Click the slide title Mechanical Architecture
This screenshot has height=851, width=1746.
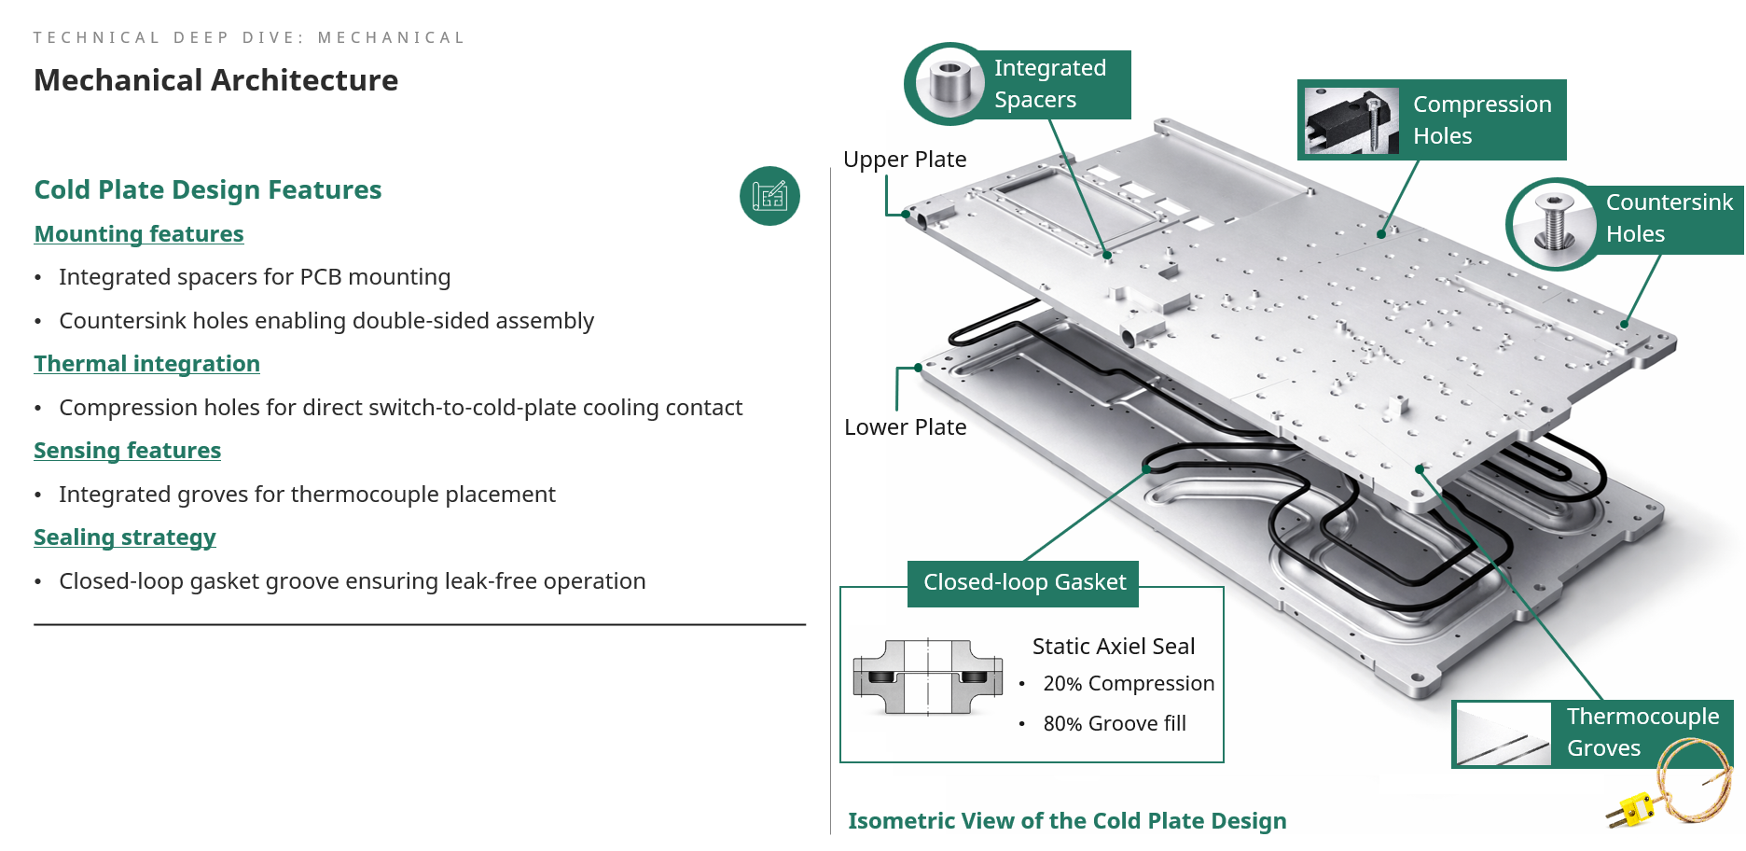point(215,80)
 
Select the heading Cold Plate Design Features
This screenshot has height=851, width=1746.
point(207,189)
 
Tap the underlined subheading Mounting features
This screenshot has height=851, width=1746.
point(139,233)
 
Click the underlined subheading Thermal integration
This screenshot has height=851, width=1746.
point(146,363)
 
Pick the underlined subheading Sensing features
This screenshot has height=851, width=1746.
point(127,450)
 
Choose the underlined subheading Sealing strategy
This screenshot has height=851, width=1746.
point(125,537)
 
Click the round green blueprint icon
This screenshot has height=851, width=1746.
point(769,196)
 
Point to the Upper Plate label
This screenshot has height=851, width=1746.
point(904,160)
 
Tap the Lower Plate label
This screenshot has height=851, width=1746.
point(905,427)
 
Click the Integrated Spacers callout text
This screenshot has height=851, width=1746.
point(1049,84)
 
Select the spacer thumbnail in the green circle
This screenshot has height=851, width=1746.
point(949,84)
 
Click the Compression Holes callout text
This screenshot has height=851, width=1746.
point(1481,119)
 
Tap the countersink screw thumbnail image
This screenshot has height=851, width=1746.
point(1553,224)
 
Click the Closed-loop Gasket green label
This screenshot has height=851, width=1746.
point(1023,582)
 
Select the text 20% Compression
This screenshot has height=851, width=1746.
point(1128,684)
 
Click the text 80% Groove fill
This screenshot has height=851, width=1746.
point(1114,724)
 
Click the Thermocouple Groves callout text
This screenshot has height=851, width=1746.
point(1642,732)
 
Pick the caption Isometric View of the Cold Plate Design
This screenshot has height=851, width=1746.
point(1066,821)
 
